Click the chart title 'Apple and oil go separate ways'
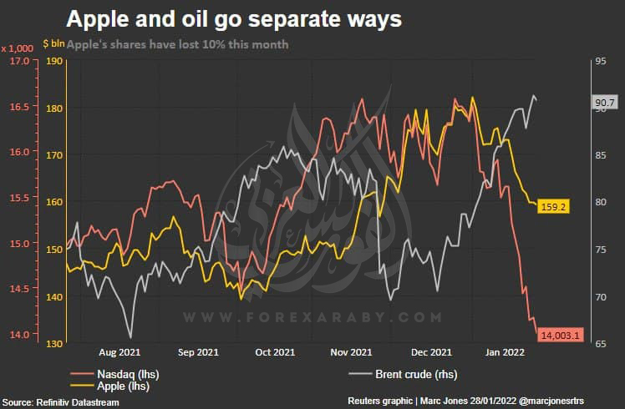click(x=234, y=19)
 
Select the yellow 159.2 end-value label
click(x=554, y=206)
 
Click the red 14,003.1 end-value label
click(x=561, y=335)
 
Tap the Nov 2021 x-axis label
click(x=351, y=352)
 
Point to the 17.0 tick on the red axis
click(x=20, y=61)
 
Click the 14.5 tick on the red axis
click(x=20, y=289)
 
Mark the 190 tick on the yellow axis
click(x=55, y=61)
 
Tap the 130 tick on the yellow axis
click(x=55, y=344)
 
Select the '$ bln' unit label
click(x=53, y=43)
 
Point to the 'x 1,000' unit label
click(x=18, y=48)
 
